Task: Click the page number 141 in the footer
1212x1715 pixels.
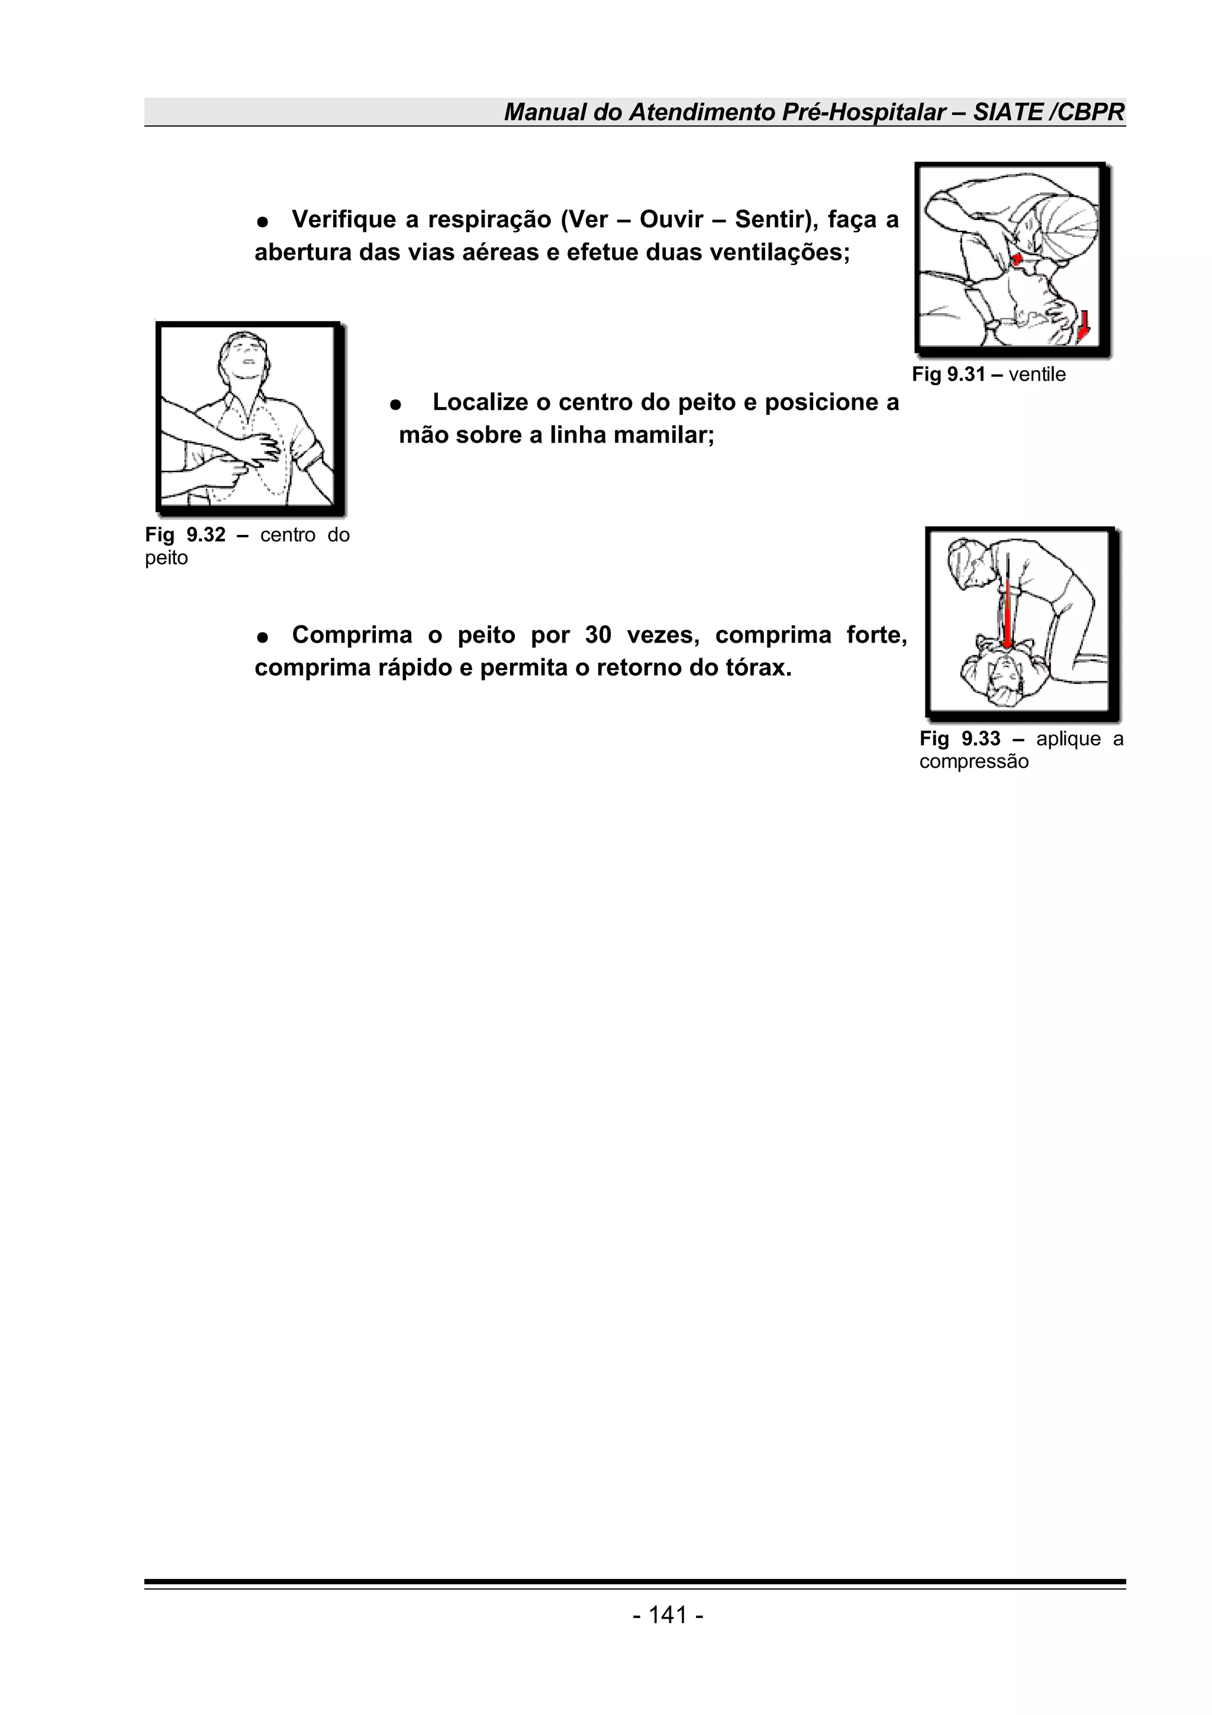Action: pyautogui.click(x=668, y=1615)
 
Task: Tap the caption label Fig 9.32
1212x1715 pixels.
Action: pyautogui.click(x=185, y=535)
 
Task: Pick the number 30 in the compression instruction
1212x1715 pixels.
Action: pyautogui.click(x=598, y=634)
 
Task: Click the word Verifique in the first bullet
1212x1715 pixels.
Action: pyautogui.click(x=343, y=220)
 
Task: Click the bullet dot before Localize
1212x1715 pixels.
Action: pyautogui.click(x=397, y=404)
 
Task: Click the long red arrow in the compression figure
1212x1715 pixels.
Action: pyautogui.click(x=1007, y=609)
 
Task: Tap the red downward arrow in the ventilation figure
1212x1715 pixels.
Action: pyautogui.click(x=1084, y=325)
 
